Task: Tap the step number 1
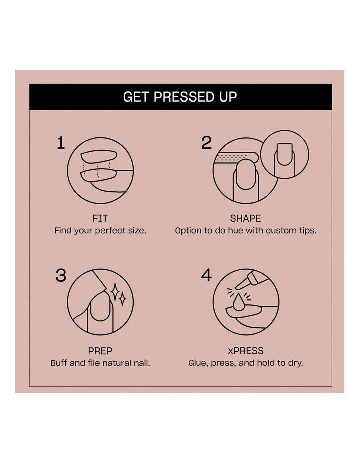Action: coord(61,143)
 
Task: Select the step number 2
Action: coord(206,143)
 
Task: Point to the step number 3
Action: coord(61,275)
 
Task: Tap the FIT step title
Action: coord(100,218)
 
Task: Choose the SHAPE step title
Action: coord(246,218)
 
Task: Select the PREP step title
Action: coord(100,351)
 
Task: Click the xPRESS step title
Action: coord(246,351)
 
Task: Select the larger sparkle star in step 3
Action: coord(115,291)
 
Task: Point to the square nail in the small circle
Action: coord(284,155)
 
